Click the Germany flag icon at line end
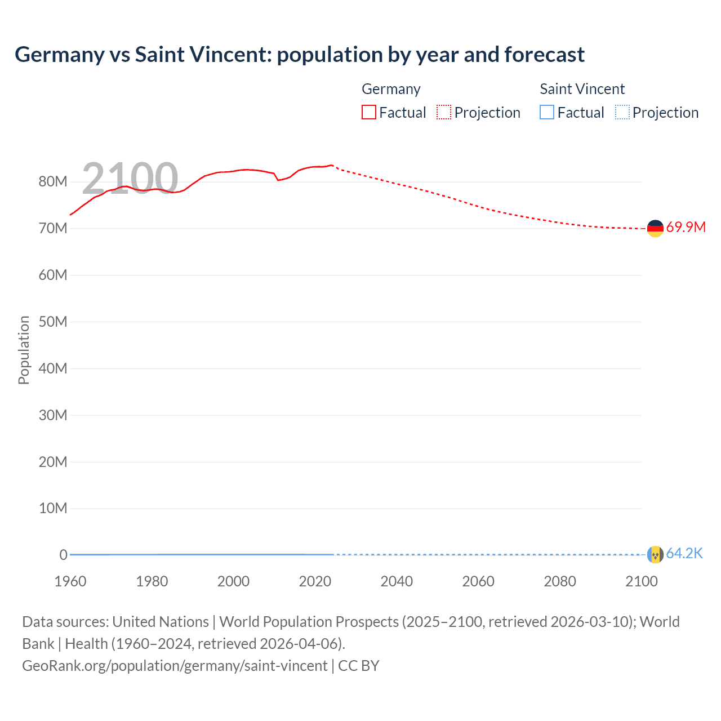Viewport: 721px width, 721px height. [x=655, y=228]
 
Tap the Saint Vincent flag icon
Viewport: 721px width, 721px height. [x=655, y=554]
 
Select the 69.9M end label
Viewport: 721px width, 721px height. [x=686, y=228]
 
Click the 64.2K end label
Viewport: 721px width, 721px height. [x=684, y=554]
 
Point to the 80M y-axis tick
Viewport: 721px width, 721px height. [x=53, y=182]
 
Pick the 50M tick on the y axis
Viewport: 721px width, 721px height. [x=53, y=322]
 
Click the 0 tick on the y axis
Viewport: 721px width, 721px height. [x=63, y=555]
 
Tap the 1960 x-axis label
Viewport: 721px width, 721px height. [x=70, y=581]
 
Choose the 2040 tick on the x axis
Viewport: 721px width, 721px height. [x=397, y=581]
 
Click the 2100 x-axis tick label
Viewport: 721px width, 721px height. [x=641, y=581]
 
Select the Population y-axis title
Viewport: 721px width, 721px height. [x=24, y=350]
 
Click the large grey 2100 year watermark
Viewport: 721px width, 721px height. [x=130, y=179]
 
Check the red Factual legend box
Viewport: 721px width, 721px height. [x=369, y=112]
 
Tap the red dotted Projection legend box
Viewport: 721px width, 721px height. [x=444, y=112]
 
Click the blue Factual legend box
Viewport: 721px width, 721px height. [x=547, y=112]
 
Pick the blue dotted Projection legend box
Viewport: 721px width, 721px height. [x=622, y=112]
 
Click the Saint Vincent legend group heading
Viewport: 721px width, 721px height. [x=582, y=89]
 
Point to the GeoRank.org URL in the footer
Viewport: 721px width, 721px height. [x=175, y=665]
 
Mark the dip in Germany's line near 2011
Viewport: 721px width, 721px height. [x=278, y=180]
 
